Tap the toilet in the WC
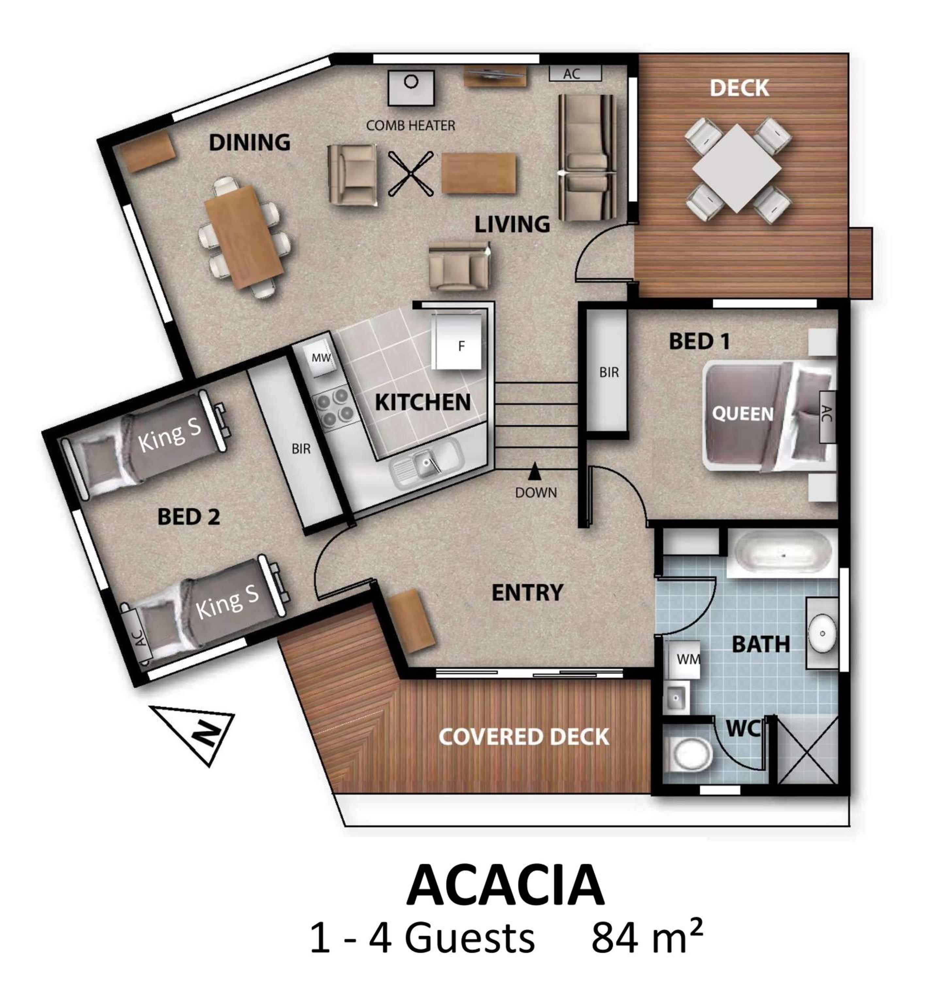click(x=692, y=755)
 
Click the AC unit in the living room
click(x=574, y=73)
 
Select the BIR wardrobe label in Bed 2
click(x=301, y=448)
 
